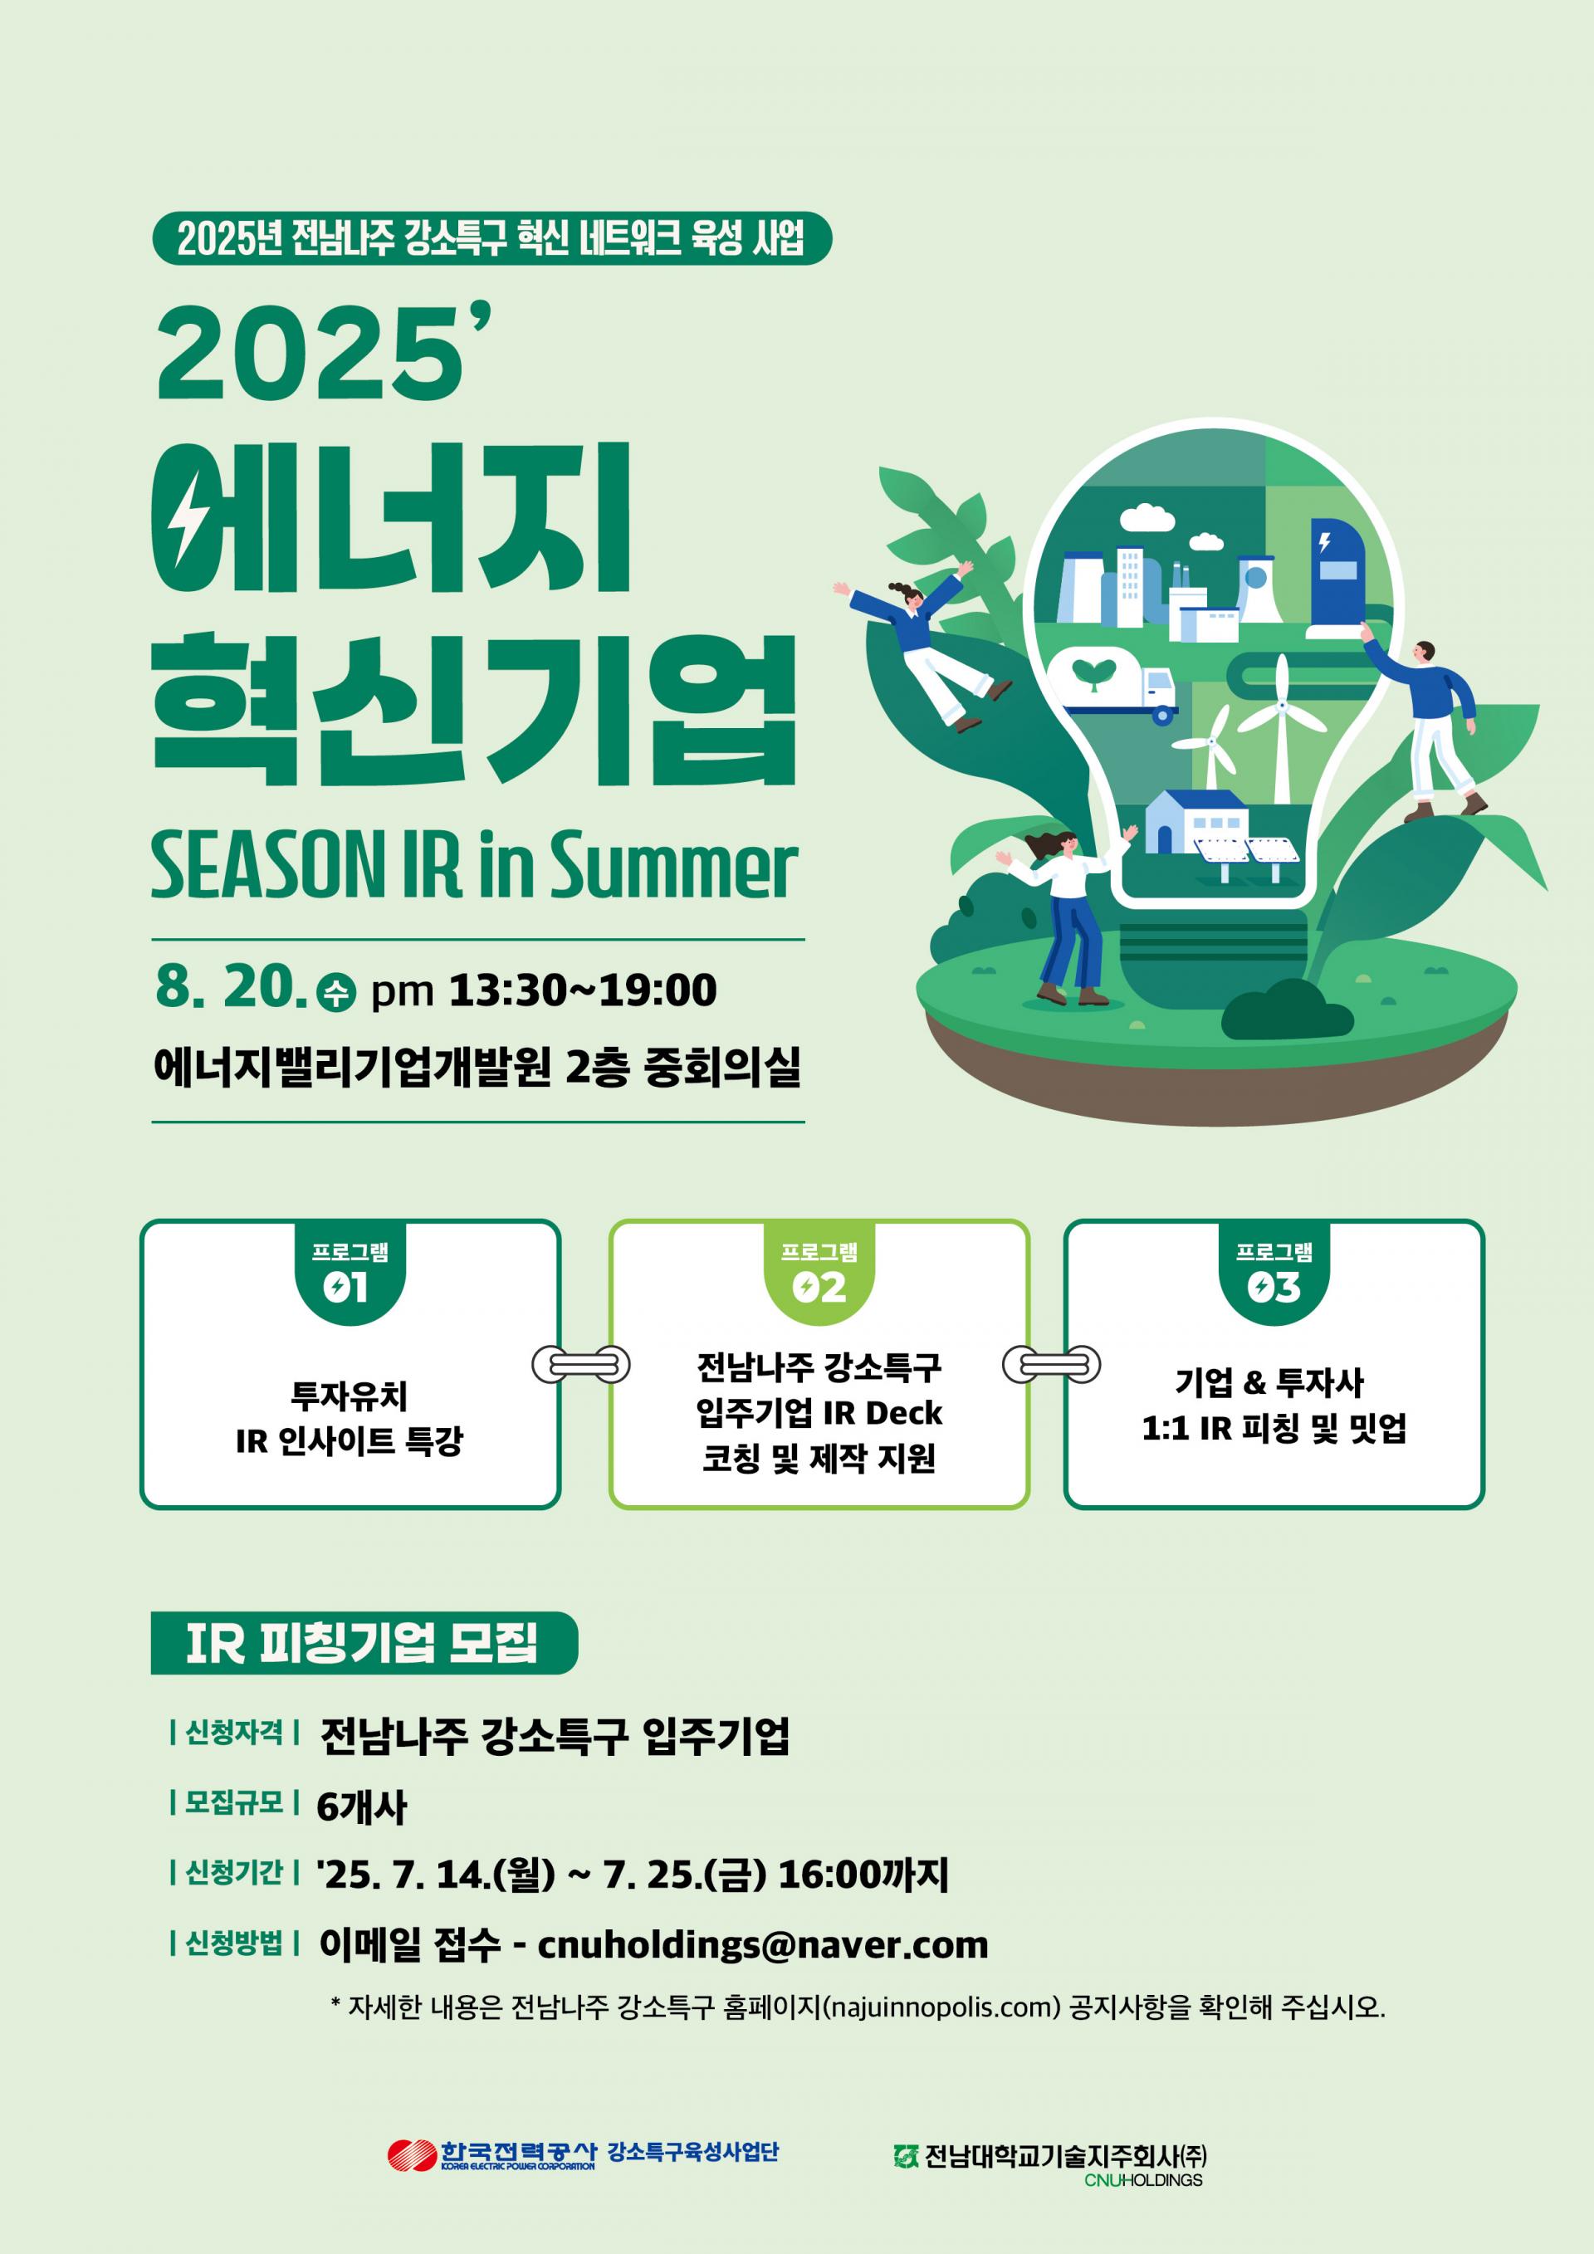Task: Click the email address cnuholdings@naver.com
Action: tap(763, 1945)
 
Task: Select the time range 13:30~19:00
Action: tap(583, 990)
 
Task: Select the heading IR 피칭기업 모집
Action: tap(362, 1642)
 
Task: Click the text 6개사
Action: tap(360, 1807)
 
